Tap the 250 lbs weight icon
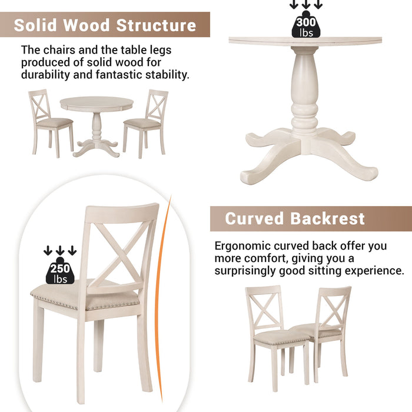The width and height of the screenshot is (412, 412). tap(60, 271)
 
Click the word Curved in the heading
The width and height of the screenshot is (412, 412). tap(254, 219)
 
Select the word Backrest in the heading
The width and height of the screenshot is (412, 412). tap(327, 219)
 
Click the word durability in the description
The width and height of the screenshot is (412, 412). tap(45, 75)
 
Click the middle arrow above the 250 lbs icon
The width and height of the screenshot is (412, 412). tap(60, 251)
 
